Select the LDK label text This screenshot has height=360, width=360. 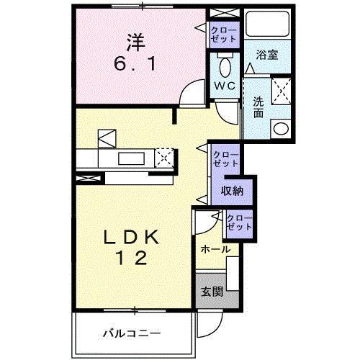(134, 238)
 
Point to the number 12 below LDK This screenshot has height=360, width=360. (134, 258)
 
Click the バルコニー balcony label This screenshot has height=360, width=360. (131, 333)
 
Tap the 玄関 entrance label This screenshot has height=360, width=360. (211, 292)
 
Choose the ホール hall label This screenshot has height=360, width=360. (215, 249)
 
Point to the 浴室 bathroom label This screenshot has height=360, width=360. (269, 55)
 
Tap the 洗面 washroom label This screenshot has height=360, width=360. (257, 107)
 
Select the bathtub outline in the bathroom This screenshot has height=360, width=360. (266, 26)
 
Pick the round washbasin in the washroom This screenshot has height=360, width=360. (280, 129)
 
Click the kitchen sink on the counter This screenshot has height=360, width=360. (132, 158)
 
